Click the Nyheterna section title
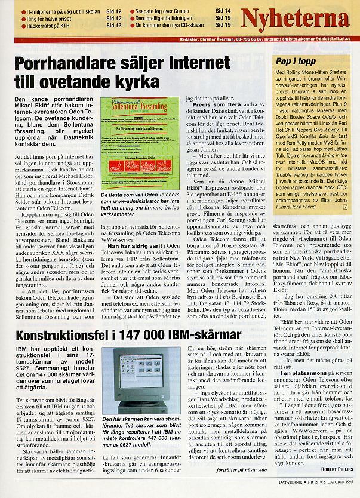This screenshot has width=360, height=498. (303, 18)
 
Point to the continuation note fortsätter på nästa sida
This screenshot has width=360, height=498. (245, 471)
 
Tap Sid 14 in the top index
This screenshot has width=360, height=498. (223, 11)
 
